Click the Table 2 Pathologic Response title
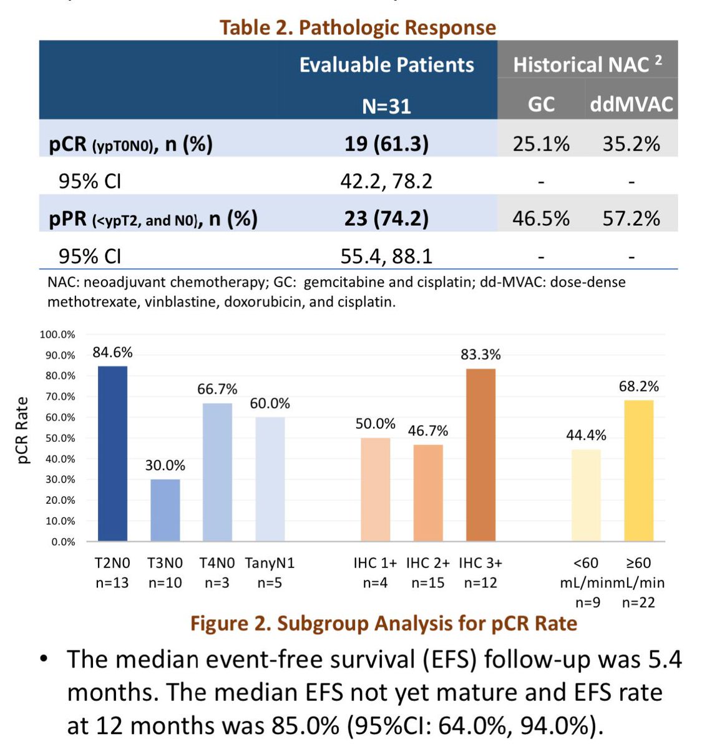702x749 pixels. point(358,27)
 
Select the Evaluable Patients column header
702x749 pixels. point(386,65)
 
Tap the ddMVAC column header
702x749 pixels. point(631,104)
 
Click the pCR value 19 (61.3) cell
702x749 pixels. point(386,144)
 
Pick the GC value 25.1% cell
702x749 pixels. point(541,144)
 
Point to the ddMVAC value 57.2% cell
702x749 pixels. point(631,218)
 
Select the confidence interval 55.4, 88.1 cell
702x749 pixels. point(386,256)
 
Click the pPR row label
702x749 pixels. point(153,218)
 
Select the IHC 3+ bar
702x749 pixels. point(480,455)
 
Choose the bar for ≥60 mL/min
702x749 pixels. point(638,471)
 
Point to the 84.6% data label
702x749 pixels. point(112,353)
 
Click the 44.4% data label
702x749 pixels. point(586,435)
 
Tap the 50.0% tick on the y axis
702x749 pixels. point(57,438)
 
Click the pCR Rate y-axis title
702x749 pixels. point(23,431)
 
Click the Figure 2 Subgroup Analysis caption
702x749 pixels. point(383,623)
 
